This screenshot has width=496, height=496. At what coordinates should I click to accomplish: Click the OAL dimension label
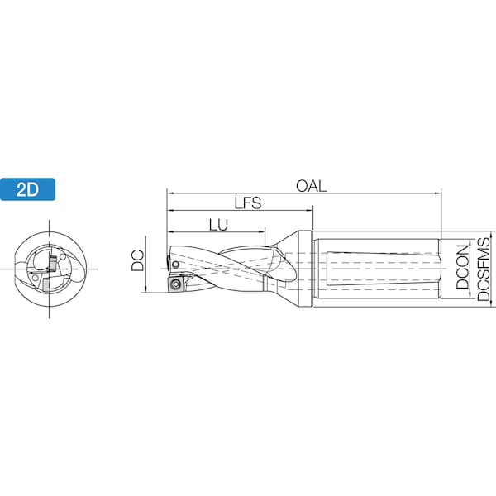(x=312, y=186)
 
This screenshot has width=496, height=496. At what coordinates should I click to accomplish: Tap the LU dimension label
(x=218, y=224)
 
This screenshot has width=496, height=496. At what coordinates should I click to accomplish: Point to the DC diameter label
(x=138, y=261)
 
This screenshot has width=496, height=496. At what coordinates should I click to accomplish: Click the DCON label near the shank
(x=463, y=266)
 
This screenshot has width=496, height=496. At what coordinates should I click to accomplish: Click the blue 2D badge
(x=29, y=188)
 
